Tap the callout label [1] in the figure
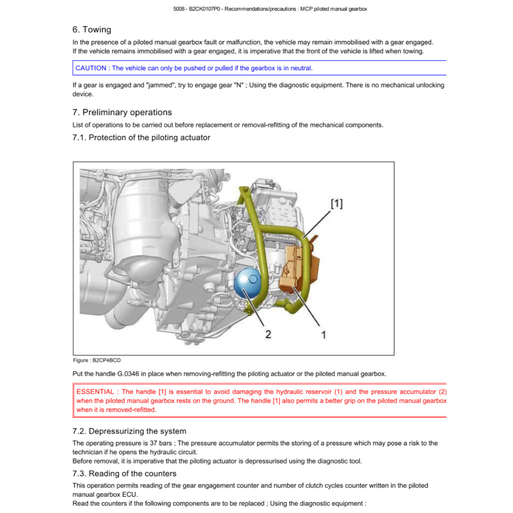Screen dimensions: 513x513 tap(337, 203)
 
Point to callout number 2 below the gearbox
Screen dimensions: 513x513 tap(268, 334)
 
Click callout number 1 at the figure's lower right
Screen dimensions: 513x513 tap(323, 335)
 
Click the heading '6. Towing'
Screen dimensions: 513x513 tap(92, 30)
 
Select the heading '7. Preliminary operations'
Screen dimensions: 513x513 tap(122, 112)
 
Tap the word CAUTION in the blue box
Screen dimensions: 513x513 tap(91, 68)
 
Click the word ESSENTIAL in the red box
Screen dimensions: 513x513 tap(96, 392)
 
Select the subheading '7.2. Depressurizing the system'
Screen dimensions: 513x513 tap(129, 431)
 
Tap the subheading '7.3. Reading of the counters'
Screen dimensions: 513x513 tap(124, 473)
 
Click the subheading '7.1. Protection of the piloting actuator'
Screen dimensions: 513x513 tap(141, 137)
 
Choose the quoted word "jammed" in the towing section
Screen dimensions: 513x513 tap(159, 85)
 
